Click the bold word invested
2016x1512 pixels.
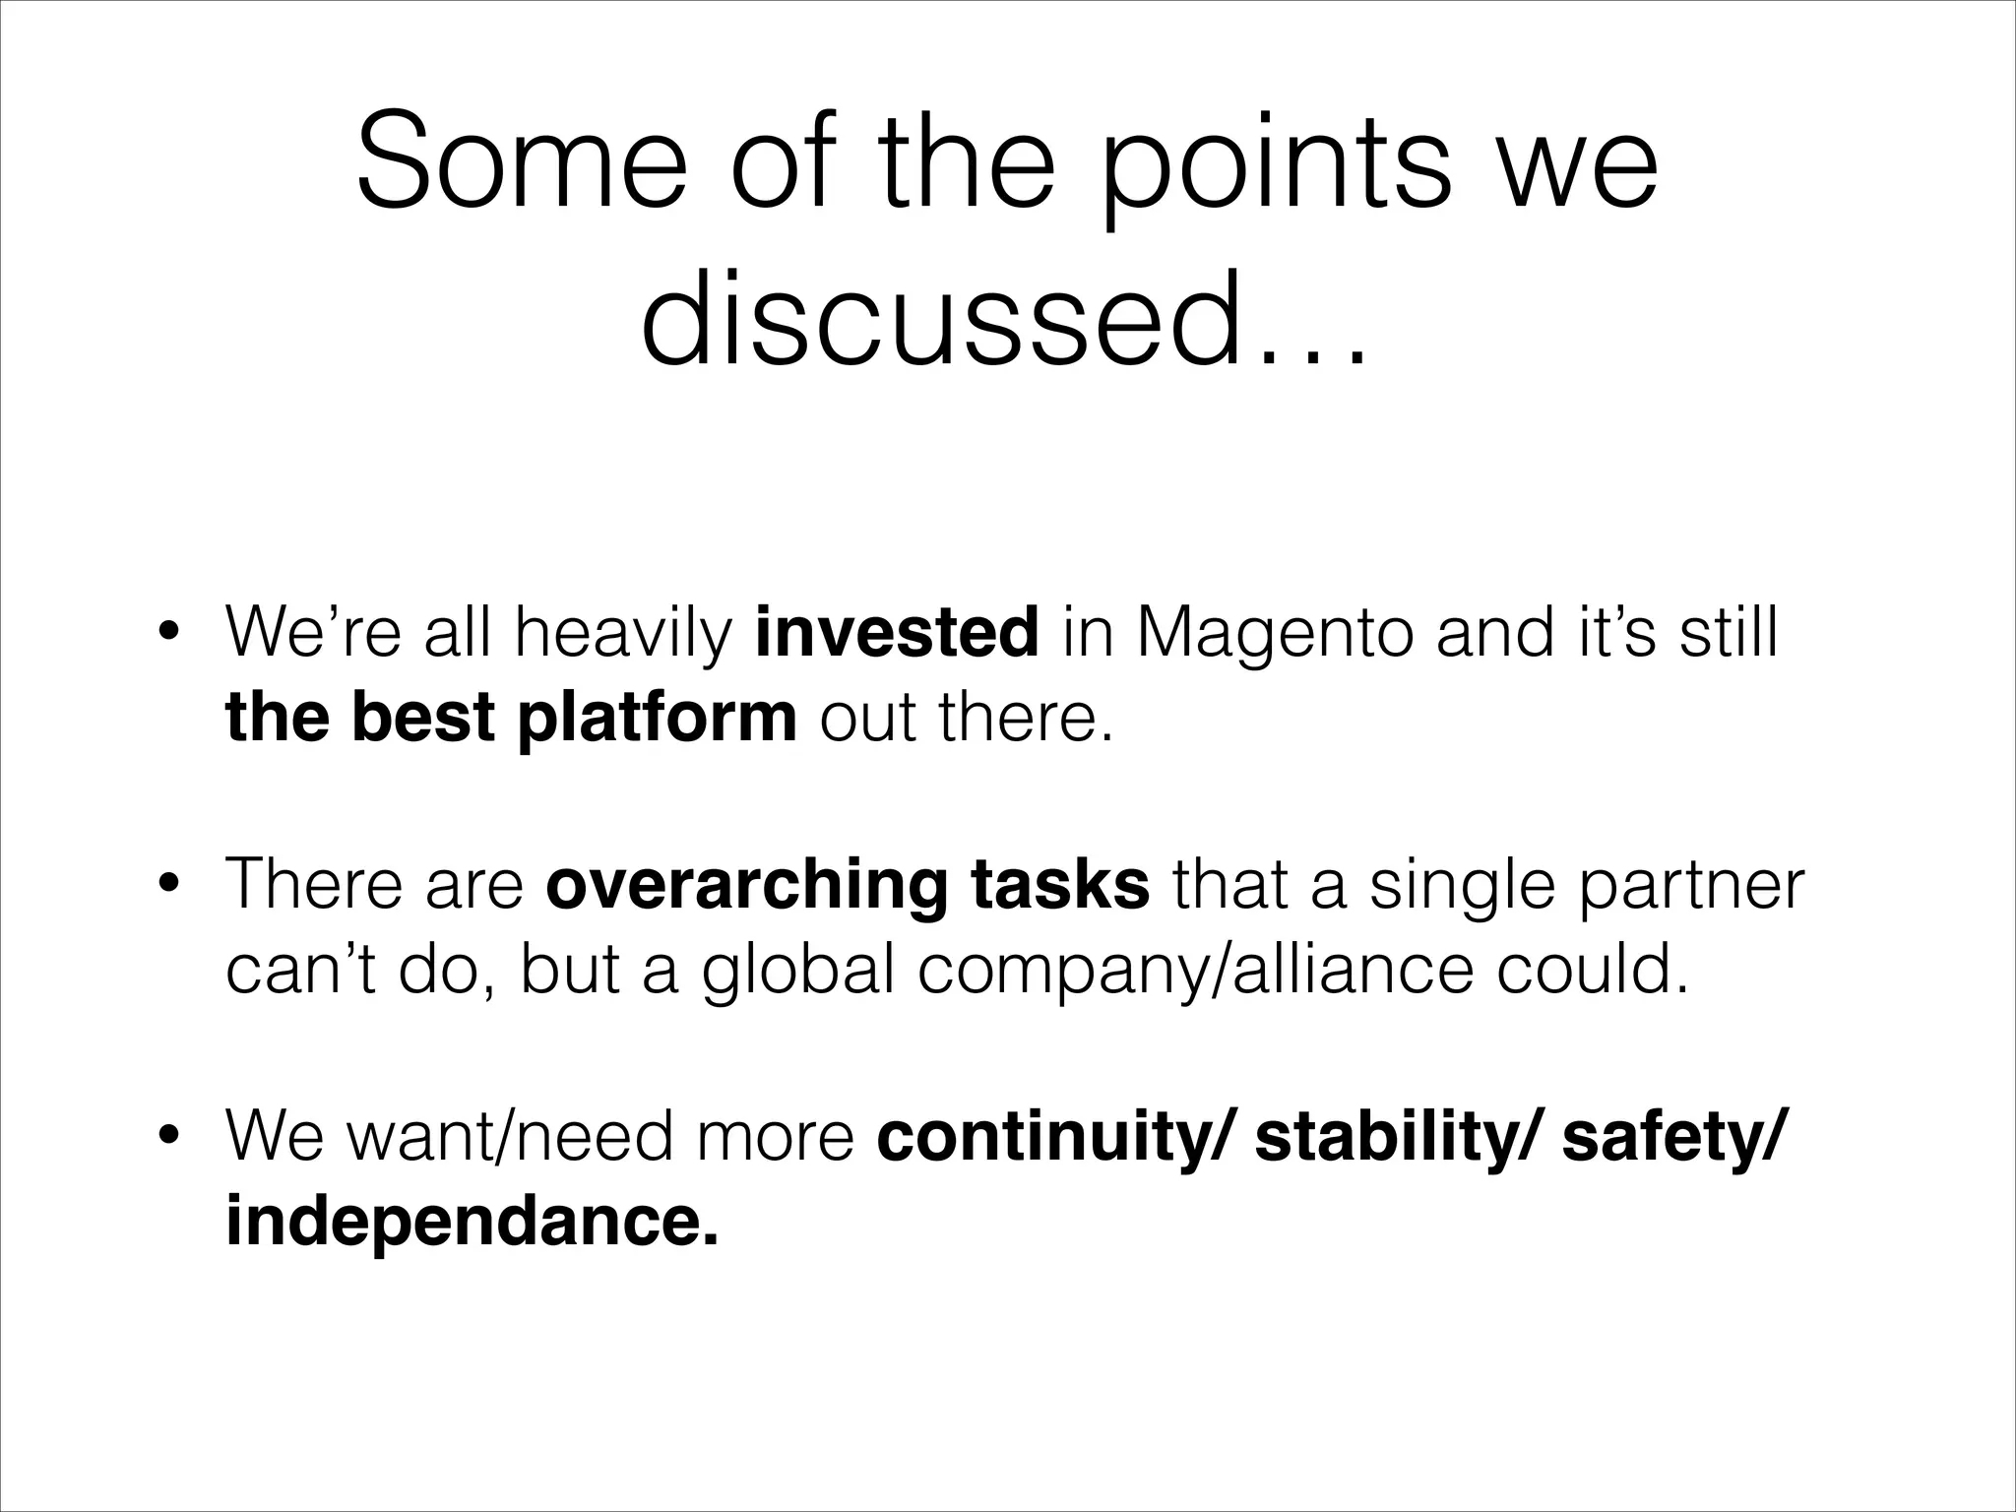click(897, 631)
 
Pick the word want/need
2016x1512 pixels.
click(511, 1136)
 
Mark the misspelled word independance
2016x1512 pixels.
click(472, 1222)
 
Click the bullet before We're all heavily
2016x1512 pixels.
click(169, 632)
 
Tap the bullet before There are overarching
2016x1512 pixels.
click(169, 884)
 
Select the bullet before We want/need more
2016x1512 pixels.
click(169, 1136)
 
